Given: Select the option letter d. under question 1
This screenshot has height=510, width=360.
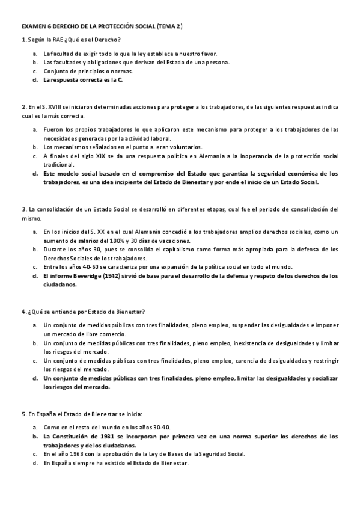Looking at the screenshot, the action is click(x=35, y=79).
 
